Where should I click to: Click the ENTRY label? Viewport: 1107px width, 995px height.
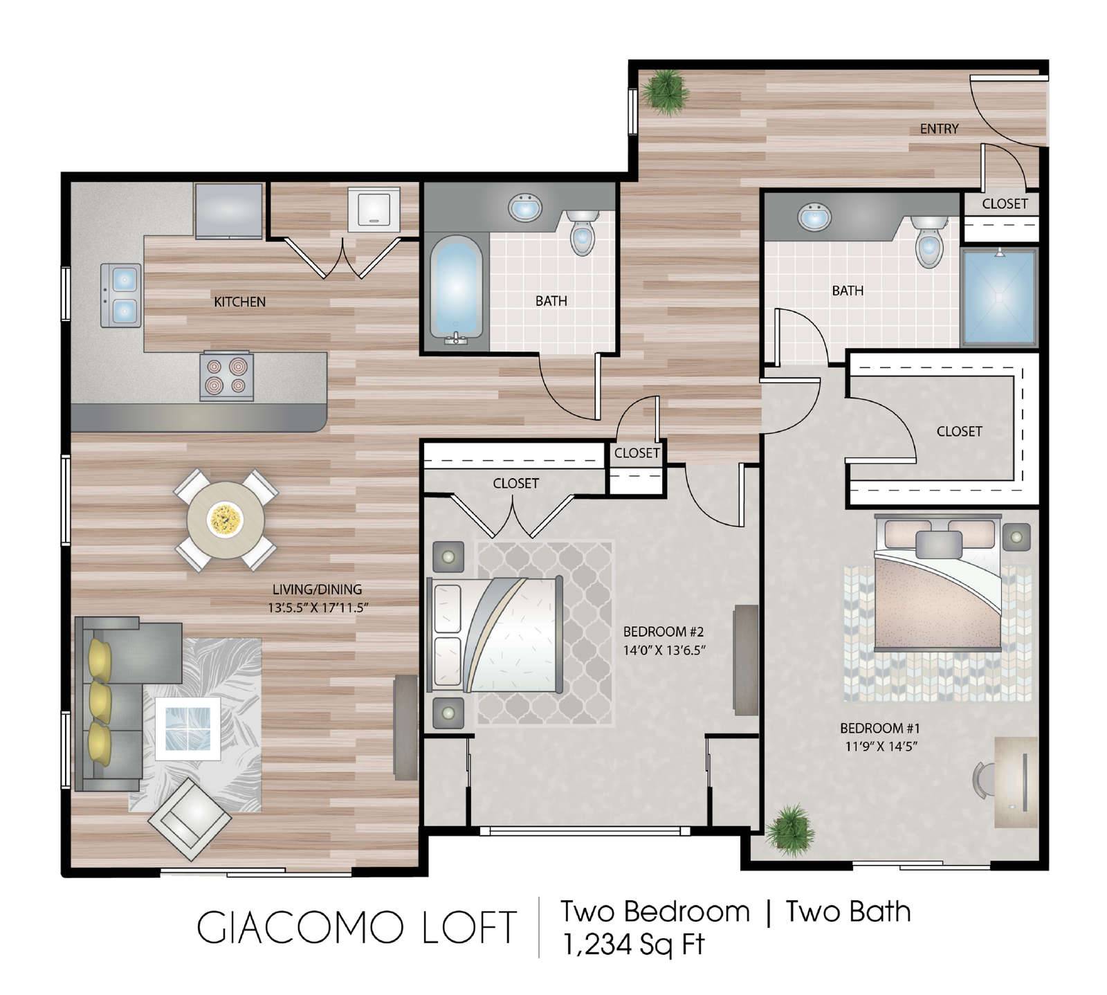[x=939, y=129]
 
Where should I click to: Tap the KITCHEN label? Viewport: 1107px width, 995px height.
[x=239, y=302]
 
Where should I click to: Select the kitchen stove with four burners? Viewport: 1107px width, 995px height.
[x=227, y=376]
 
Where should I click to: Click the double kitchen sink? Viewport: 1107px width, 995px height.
[x=121, y=295]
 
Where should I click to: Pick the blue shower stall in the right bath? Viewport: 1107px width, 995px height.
[x=998, y=297]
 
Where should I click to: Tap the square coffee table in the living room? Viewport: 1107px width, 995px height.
[x=187, y=728]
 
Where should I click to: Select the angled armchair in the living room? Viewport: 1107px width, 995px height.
[x=189, y=819]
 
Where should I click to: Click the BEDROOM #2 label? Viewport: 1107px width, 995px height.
[x=663, y=632]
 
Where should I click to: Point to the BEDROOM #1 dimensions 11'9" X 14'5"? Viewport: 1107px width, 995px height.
[x=881, y=747]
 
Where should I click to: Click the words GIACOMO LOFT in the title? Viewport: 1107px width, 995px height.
[x=356, y=928]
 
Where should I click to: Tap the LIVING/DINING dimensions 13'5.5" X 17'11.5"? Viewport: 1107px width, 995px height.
[x=317, y=608]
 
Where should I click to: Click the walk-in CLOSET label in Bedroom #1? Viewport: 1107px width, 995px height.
[x=959, y=431]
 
